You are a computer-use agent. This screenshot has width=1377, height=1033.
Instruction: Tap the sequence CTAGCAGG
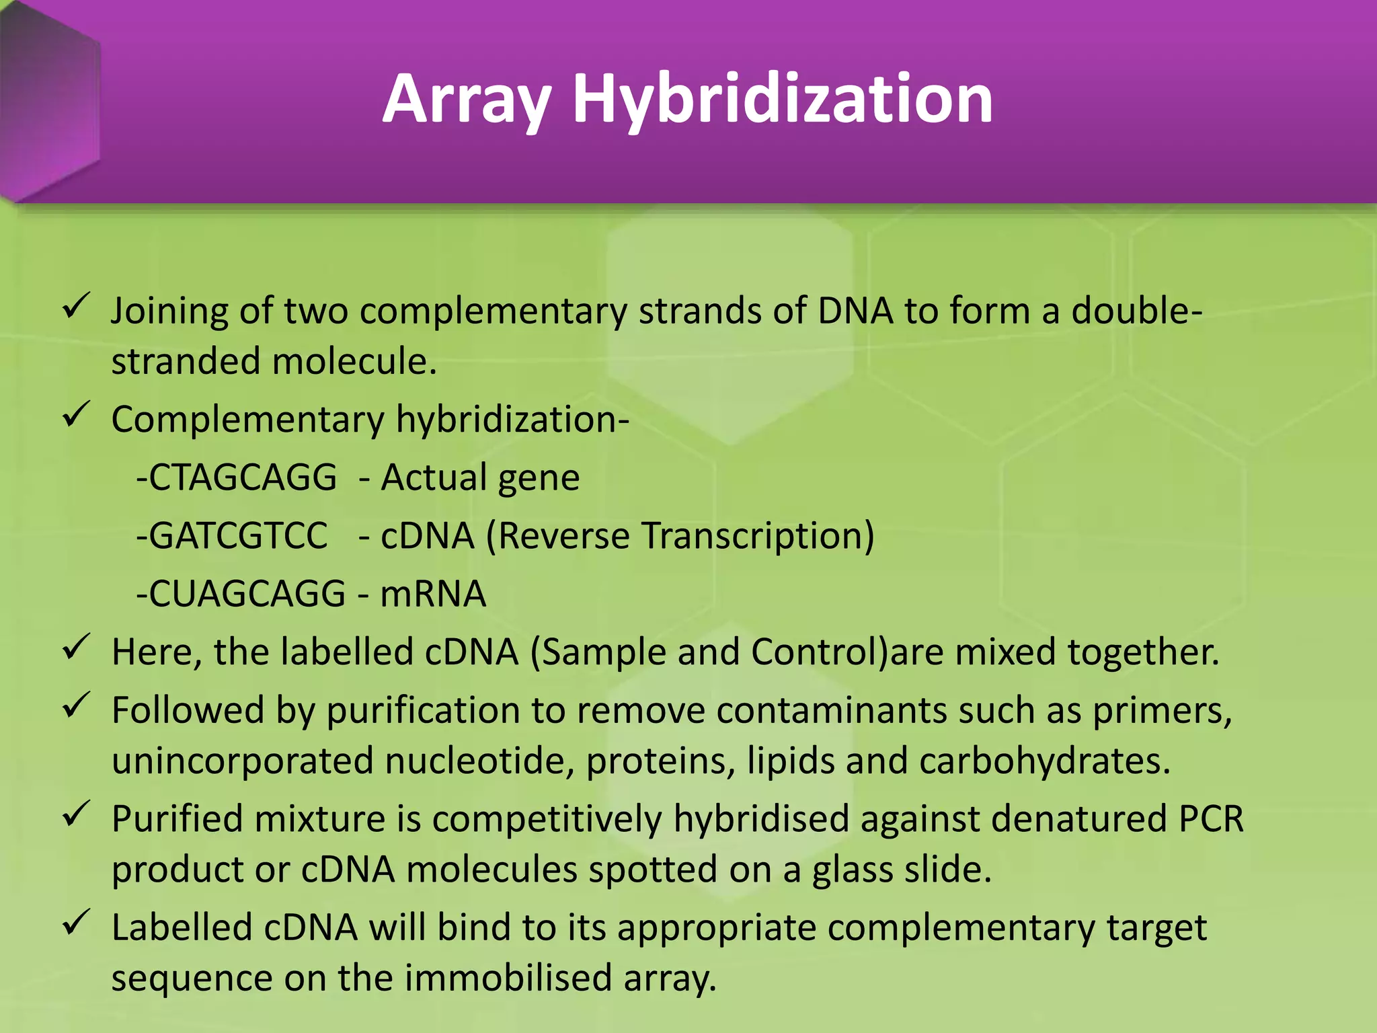pos(242,477)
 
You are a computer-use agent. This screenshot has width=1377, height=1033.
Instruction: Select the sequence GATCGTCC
pos(237,536)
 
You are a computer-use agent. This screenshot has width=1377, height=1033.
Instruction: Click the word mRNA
pos(433,594)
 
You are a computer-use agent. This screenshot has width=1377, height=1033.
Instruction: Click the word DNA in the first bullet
pos(855,311)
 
